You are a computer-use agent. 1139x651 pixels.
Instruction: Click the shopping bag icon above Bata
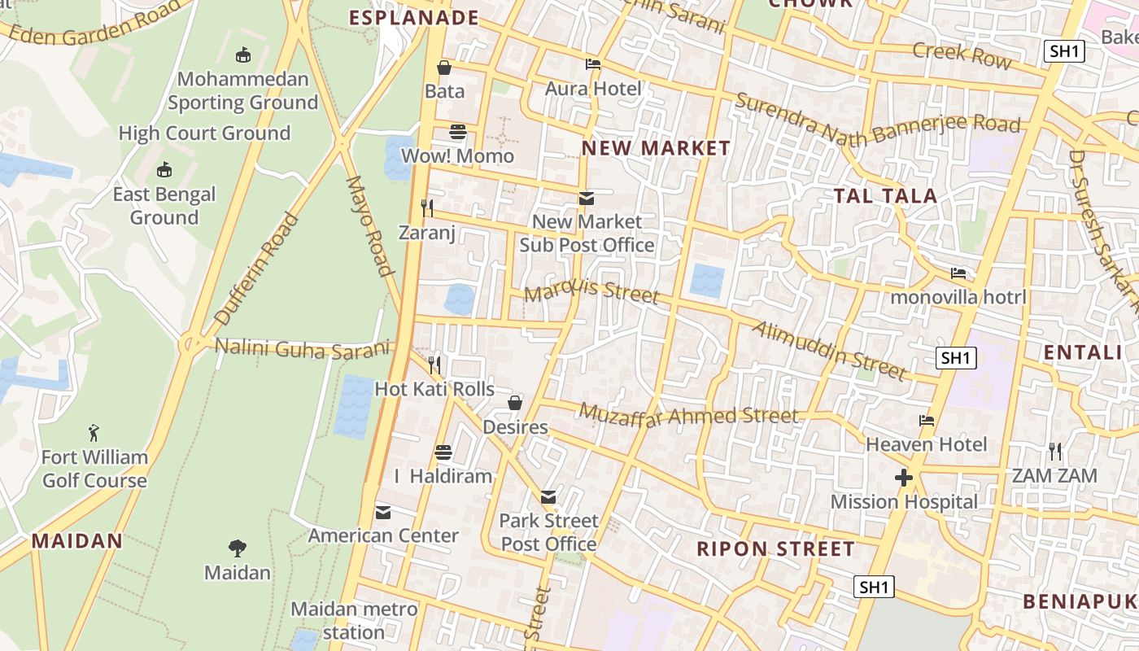444,68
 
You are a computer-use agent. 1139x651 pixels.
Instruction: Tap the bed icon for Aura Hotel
593,64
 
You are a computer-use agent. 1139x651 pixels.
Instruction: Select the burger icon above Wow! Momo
458,132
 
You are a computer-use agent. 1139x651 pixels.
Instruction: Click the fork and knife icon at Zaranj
426,208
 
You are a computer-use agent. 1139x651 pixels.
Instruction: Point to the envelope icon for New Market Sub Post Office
586,198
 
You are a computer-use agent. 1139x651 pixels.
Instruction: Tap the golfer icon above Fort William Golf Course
94,433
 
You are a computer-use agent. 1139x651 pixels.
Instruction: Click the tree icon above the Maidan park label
237,548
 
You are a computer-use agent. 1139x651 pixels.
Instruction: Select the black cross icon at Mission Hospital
904,478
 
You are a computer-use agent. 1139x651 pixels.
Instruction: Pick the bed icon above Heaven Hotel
926,421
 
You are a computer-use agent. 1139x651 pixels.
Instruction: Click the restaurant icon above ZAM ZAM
1054,451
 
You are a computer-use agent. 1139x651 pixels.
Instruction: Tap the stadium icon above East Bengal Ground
164,169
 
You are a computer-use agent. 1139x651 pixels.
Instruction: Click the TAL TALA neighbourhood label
885,195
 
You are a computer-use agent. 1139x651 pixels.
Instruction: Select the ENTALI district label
1082,352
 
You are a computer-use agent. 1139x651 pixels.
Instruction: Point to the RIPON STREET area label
775,548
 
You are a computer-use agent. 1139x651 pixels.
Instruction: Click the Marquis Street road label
591,291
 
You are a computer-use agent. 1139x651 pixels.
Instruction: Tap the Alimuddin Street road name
829,351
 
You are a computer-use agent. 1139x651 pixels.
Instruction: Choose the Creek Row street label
962,55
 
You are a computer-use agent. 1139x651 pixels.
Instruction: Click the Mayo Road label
370,225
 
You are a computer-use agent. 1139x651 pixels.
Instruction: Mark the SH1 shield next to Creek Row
1065,51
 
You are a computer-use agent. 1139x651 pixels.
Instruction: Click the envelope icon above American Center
383,512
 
